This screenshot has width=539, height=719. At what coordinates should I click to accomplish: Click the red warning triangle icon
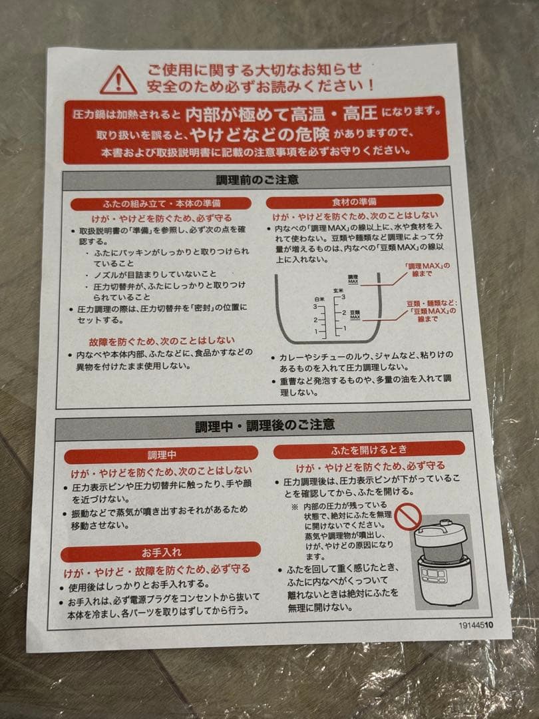coord(118,80)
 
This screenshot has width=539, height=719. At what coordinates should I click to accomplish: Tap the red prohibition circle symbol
coord(408,517)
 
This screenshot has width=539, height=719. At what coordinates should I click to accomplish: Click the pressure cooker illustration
coord(443,564)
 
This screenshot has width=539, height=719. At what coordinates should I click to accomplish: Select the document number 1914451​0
coord(476,625)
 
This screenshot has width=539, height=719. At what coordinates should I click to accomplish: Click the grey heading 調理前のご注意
coord(257,179)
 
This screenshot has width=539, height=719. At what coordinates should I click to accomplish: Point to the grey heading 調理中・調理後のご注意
coord(265,425)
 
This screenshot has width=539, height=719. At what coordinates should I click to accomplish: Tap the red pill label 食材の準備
coord(354,201)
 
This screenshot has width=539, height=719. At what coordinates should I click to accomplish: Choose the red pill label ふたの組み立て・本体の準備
coord(161,203)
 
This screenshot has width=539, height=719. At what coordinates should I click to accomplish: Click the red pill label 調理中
coord(161,455)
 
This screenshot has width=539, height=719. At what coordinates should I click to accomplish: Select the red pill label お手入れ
coord(161,552)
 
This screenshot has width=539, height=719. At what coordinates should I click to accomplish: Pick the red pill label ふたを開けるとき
coord(369,450)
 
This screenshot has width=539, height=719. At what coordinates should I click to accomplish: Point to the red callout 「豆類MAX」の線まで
coord(431,311)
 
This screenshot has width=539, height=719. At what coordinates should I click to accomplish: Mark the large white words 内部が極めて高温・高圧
coord(281,114)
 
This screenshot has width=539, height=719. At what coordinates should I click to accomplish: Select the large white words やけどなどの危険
coord(260,134)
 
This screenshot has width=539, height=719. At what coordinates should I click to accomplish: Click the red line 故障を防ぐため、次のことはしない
coord(161,341)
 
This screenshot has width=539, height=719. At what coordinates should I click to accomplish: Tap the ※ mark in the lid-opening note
coord(295,507)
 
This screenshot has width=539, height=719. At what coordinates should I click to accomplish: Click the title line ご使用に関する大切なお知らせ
coord(254,70)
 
